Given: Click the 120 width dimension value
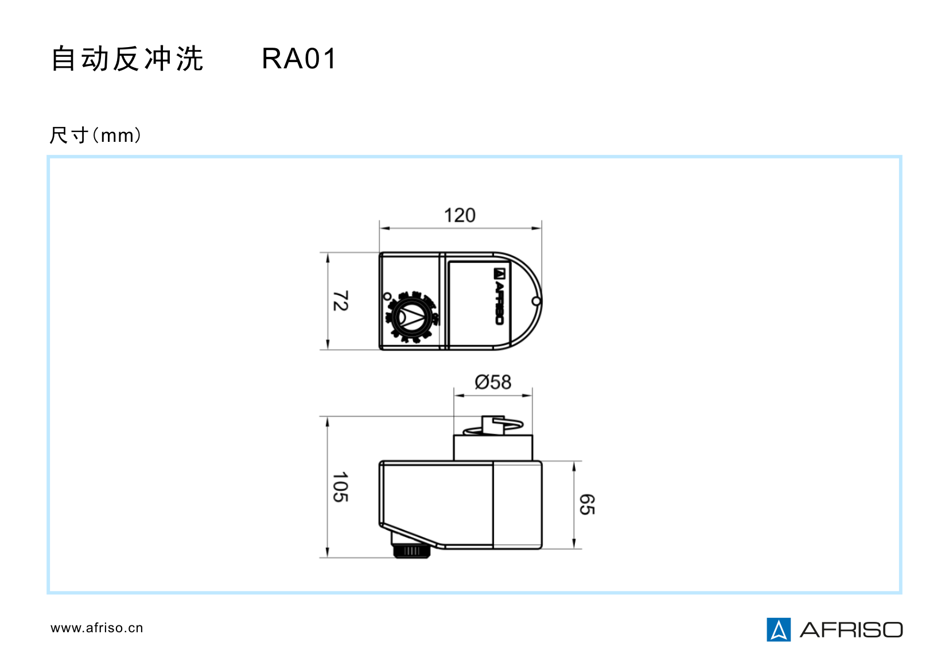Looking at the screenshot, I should (x=460, y=215).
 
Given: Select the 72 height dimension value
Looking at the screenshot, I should (x=340, y=301).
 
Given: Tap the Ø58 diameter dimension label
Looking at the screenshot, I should (x=493, y=382).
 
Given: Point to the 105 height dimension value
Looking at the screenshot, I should (x=340, y=487).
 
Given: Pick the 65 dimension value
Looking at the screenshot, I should (x=587, y=504).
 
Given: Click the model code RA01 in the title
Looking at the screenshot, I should (x=299, y=59).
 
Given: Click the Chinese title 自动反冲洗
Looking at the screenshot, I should (x=127, y=59).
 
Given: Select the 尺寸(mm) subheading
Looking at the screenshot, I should (x=95, y=136).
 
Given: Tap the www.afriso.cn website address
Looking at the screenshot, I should (x=97, y=628).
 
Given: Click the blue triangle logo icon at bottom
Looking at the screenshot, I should (x=778, y=629).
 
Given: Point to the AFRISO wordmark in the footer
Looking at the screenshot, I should (x=851, y=630).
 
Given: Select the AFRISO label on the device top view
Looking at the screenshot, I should (x=499, y=296).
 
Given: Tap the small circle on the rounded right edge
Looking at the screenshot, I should (x=536, y=301).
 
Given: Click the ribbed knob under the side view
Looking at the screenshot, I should (x=411, y=551).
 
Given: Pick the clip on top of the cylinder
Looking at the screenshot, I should (x=492, y=426).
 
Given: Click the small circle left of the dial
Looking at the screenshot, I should (x=387, y=296).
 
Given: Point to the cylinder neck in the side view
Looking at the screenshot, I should (x=493, y=448).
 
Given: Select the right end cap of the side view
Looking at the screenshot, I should (x=518, y=504).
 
